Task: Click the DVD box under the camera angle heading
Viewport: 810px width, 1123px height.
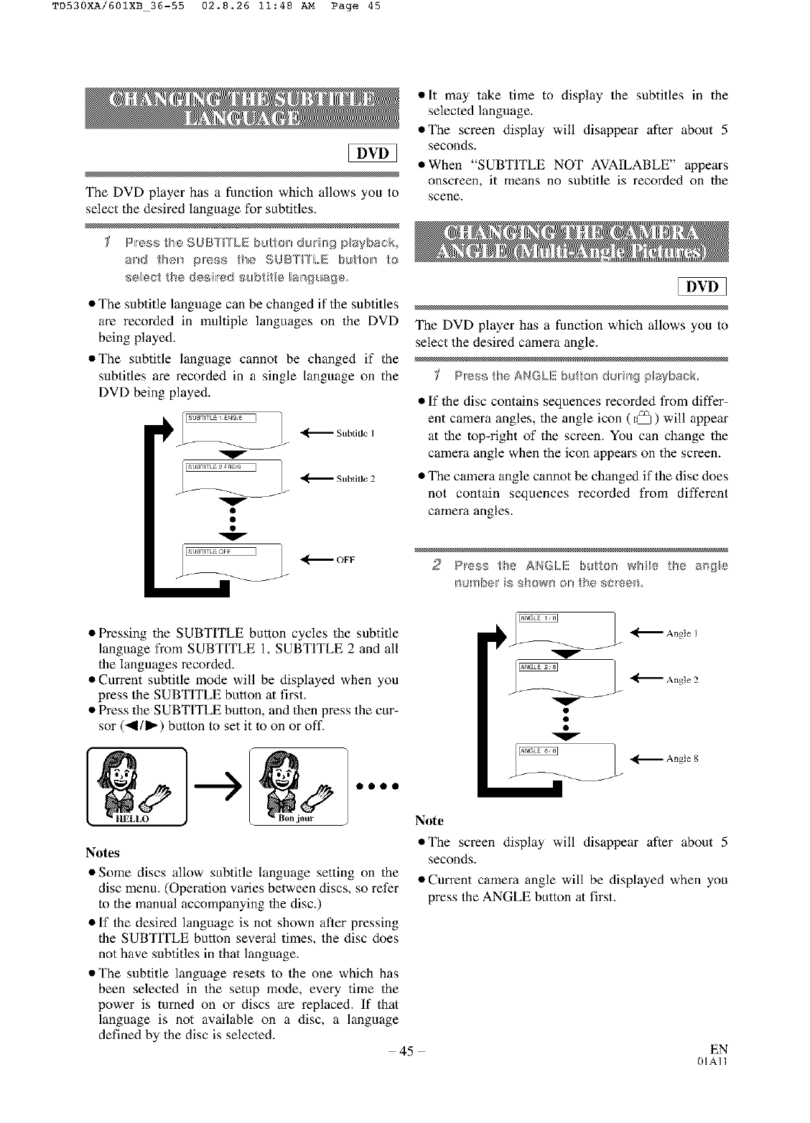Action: pyautogui.click(x=702, y=287)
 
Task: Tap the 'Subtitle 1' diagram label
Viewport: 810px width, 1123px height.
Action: pyautogui.click(x=355, y=433)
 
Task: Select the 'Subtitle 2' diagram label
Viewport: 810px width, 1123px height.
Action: pyautogui.click(x=355, y=478)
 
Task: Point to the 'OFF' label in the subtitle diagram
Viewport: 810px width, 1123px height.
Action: pyautogui.click(x=345, y=559)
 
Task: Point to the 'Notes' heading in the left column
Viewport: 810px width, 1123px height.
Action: pyautogui.click(x=103, y=852)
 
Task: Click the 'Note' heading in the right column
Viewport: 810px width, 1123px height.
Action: pyautogui.click(x=429, y=820)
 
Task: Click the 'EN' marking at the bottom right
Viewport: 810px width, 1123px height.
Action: pyautogui.click(x=720, y=1049)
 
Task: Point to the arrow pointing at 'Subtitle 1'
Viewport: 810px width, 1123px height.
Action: pyautogui.click(x=316, y=433)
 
